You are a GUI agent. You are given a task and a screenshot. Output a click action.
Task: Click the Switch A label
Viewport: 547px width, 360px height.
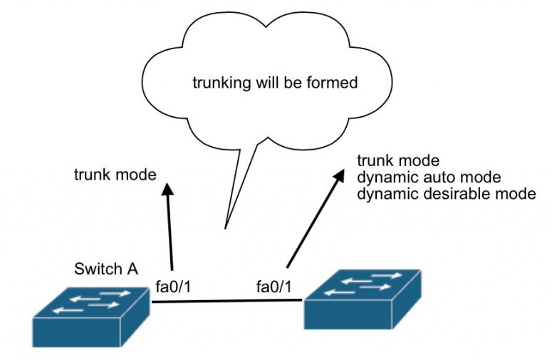pyautogui.click(x=105, y=269)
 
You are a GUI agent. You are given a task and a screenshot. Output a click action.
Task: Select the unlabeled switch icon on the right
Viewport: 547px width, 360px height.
pyautogui.click(x=363, y=300)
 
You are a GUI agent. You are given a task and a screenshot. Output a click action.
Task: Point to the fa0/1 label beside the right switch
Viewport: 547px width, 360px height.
pyautogui.click(x=273, y=287)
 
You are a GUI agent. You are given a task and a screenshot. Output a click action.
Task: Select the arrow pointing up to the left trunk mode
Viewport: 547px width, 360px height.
pyautogui.click(x=170, y=228)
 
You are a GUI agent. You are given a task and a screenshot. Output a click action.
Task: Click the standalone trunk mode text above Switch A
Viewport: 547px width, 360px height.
pyautogui.click(x=115, y=173)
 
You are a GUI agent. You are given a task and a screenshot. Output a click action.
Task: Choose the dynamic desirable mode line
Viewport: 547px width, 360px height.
pyautogui.click(x=446, y=193)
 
